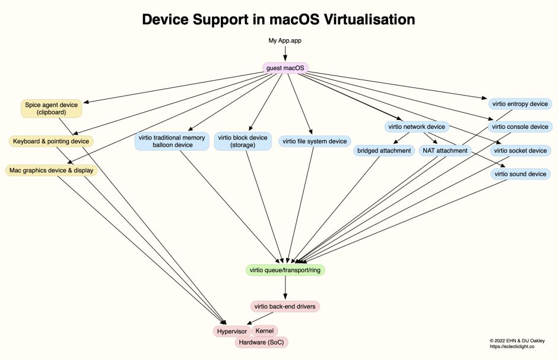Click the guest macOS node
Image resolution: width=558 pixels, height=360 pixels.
point(285,68)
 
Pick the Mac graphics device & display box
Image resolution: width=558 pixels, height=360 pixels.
point(51,170)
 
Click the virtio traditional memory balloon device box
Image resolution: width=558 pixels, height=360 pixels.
point(172,141)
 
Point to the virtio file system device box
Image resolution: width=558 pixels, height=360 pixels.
point(315,141)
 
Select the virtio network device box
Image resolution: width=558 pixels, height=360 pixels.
point(416,127)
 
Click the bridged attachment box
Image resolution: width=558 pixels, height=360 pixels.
point(384,151)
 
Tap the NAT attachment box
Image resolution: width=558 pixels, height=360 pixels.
point(445,151)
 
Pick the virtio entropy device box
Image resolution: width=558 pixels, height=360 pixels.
point(520,104)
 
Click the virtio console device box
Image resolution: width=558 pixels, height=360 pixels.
point(520,127)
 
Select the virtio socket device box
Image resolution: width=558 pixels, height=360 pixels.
point(520,151)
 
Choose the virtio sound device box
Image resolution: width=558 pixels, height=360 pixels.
point(520,174)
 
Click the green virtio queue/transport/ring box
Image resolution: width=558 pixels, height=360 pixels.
point(286,270)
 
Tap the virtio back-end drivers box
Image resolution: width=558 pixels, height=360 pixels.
point(286,307)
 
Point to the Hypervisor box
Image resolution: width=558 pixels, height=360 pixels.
point(230,331)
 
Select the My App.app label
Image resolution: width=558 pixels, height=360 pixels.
point(285,40)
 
